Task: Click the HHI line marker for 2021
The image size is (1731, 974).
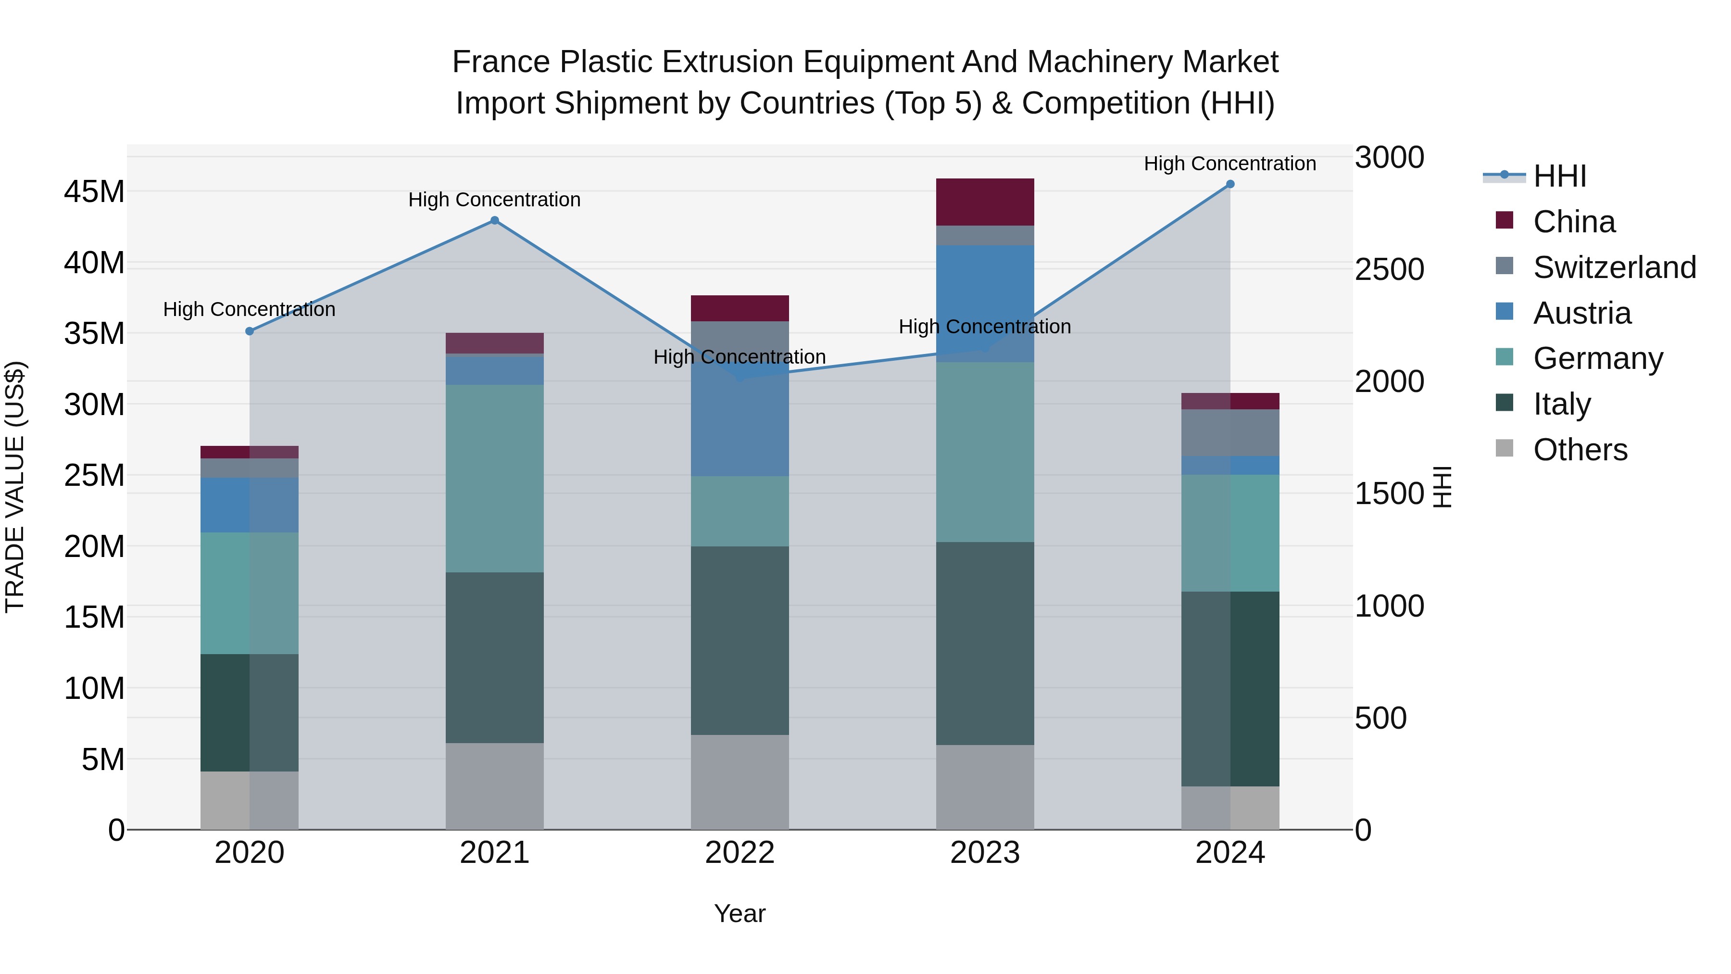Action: [495, 220]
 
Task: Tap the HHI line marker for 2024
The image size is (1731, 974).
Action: [1230, 184]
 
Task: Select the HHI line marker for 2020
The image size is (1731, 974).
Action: [249, 331]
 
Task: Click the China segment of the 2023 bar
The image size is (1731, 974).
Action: [985, 202]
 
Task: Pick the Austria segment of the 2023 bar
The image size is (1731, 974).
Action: [985, 303]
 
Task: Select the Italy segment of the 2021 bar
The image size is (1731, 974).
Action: [495, 658]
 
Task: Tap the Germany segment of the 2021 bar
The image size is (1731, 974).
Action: [495, 479]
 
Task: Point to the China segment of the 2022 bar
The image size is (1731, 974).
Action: [740, 308]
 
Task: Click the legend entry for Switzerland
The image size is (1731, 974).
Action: [1614, 267]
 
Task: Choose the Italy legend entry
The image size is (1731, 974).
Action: [1562, 404]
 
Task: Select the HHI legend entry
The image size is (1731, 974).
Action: [1559, 176]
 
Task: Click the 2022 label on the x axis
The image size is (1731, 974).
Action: [740, 853]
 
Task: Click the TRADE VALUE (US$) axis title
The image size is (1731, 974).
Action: [15, 487]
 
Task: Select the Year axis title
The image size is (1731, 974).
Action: [740, 913]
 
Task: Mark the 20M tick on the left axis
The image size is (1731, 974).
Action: [94, 546]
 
